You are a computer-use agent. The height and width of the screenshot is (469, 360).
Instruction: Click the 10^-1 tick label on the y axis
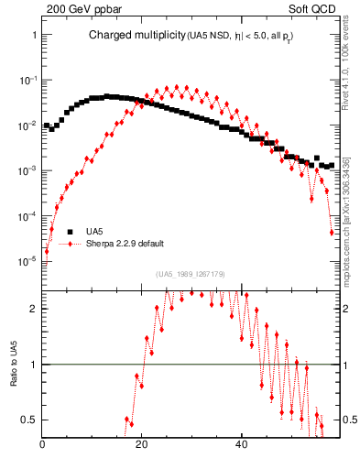click(27, 80)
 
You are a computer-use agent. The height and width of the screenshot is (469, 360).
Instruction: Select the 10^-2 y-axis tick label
click(27, 125)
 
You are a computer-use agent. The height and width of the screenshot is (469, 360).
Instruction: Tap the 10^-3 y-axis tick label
click(27, 171)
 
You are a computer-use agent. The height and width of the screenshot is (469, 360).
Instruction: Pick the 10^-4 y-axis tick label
click(27, 216)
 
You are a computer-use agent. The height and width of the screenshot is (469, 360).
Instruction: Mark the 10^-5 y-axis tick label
click(27, 262)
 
